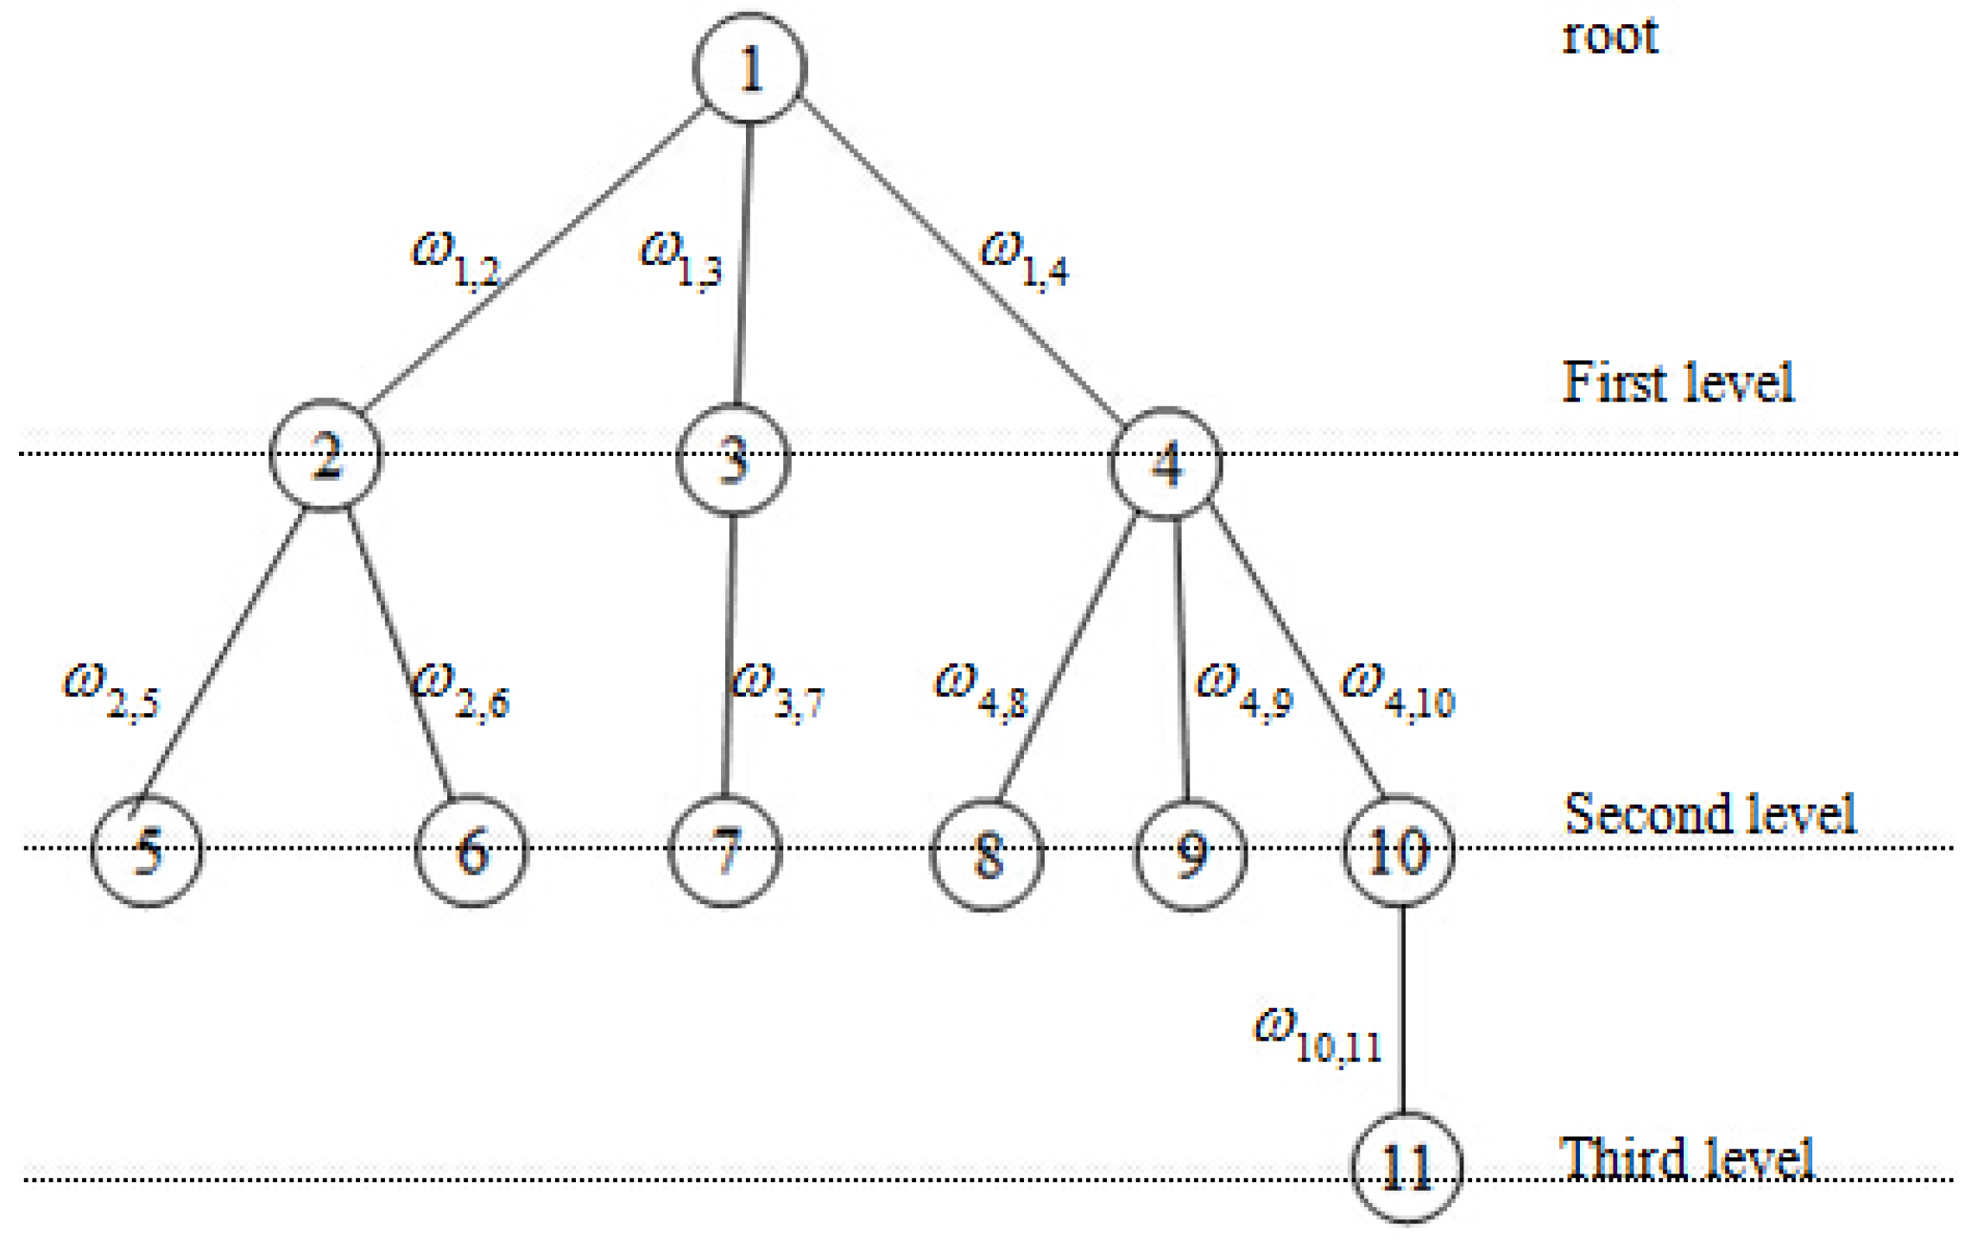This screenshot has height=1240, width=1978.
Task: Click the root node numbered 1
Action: tap(749, 68)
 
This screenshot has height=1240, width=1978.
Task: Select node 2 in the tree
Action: tap(325, 456)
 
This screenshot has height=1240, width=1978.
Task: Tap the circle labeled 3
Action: tap(733, 459)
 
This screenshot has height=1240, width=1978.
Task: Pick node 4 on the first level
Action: tap(1166, 464)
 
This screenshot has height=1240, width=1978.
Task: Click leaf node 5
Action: tap(147, 850)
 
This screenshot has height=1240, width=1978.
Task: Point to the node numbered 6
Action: tap(471, 850)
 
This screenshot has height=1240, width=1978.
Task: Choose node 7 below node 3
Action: tap(725, 850)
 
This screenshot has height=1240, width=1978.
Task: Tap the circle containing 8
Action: tap(987, 855)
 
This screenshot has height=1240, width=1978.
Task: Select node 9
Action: tap(1190, 855)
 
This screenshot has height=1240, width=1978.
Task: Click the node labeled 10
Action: tap(1399, 850)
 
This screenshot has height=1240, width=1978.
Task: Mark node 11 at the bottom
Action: tap(1406, 1167)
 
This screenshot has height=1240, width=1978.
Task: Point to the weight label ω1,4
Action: tap(1024, 259)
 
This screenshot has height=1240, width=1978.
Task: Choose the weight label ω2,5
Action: tap(111, 691)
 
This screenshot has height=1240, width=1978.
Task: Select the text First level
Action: tap(1678, 383)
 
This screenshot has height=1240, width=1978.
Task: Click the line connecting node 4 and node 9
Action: tap(1182, 656)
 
